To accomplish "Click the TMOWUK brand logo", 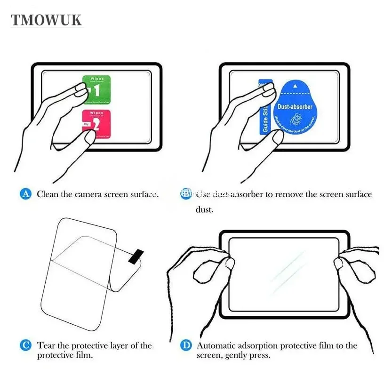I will pos(47,20).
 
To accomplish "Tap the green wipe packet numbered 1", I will pos(97,89).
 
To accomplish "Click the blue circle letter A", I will pos(26,194).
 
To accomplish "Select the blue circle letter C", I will pos(26,345).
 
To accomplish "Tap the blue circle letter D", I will pos(186,345).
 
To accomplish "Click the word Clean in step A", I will pos(48,194).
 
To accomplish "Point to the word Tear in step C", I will pos(46,345).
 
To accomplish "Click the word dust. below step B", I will pos(204,209).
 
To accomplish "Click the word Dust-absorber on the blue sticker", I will pos(295,107).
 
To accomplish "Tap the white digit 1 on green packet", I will pos(96,90).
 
